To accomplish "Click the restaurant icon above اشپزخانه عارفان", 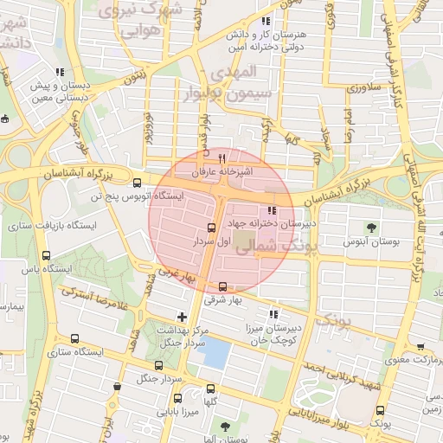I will [222, 158].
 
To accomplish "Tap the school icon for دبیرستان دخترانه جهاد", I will [272, 210].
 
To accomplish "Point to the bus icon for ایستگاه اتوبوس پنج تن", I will [137, 183].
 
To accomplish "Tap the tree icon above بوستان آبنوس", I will [371, 228].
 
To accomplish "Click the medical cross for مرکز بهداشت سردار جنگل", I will [181, 316].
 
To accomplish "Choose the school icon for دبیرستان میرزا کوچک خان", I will [274, 315].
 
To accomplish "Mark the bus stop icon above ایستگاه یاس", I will [45, 255].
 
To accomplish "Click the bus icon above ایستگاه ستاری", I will [75, 339].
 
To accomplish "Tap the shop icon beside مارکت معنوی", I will [420, 346].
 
